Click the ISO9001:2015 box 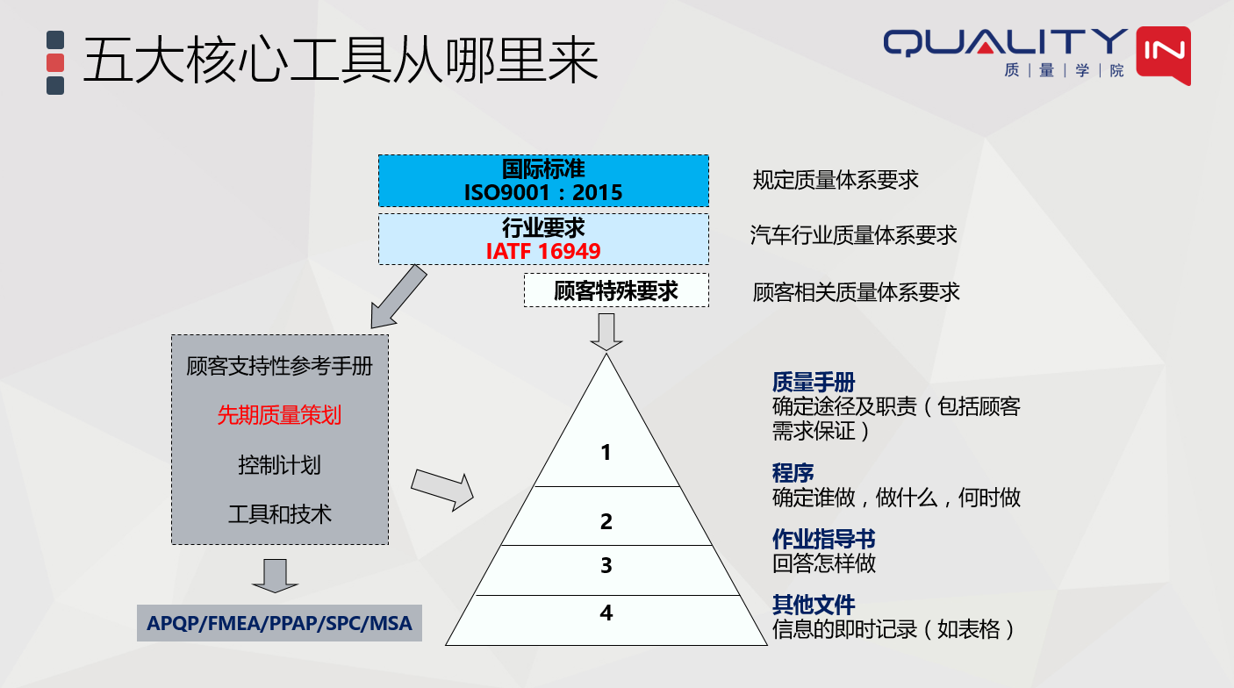[543, 181]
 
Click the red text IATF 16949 [543, 252]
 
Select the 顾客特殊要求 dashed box [616, 290]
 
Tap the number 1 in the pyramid [606, 453]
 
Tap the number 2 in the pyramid [606, 521]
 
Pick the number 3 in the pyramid [606, 565]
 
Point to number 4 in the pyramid [606, 613]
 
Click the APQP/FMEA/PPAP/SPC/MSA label [279, 624]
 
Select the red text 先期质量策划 [279, 415]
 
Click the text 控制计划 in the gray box [279, 464]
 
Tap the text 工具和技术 [279, 513]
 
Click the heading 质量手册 [814, 382]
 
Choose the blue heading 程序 [793, 473]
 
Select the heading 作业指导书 [823, 539]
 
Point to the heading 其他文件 [814, 605]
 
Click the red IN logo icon [1163, 54]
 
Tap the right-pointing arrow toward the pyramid [441, 490]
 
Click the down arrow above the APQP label [275, 574]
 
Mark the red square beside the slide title [55, 62]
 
